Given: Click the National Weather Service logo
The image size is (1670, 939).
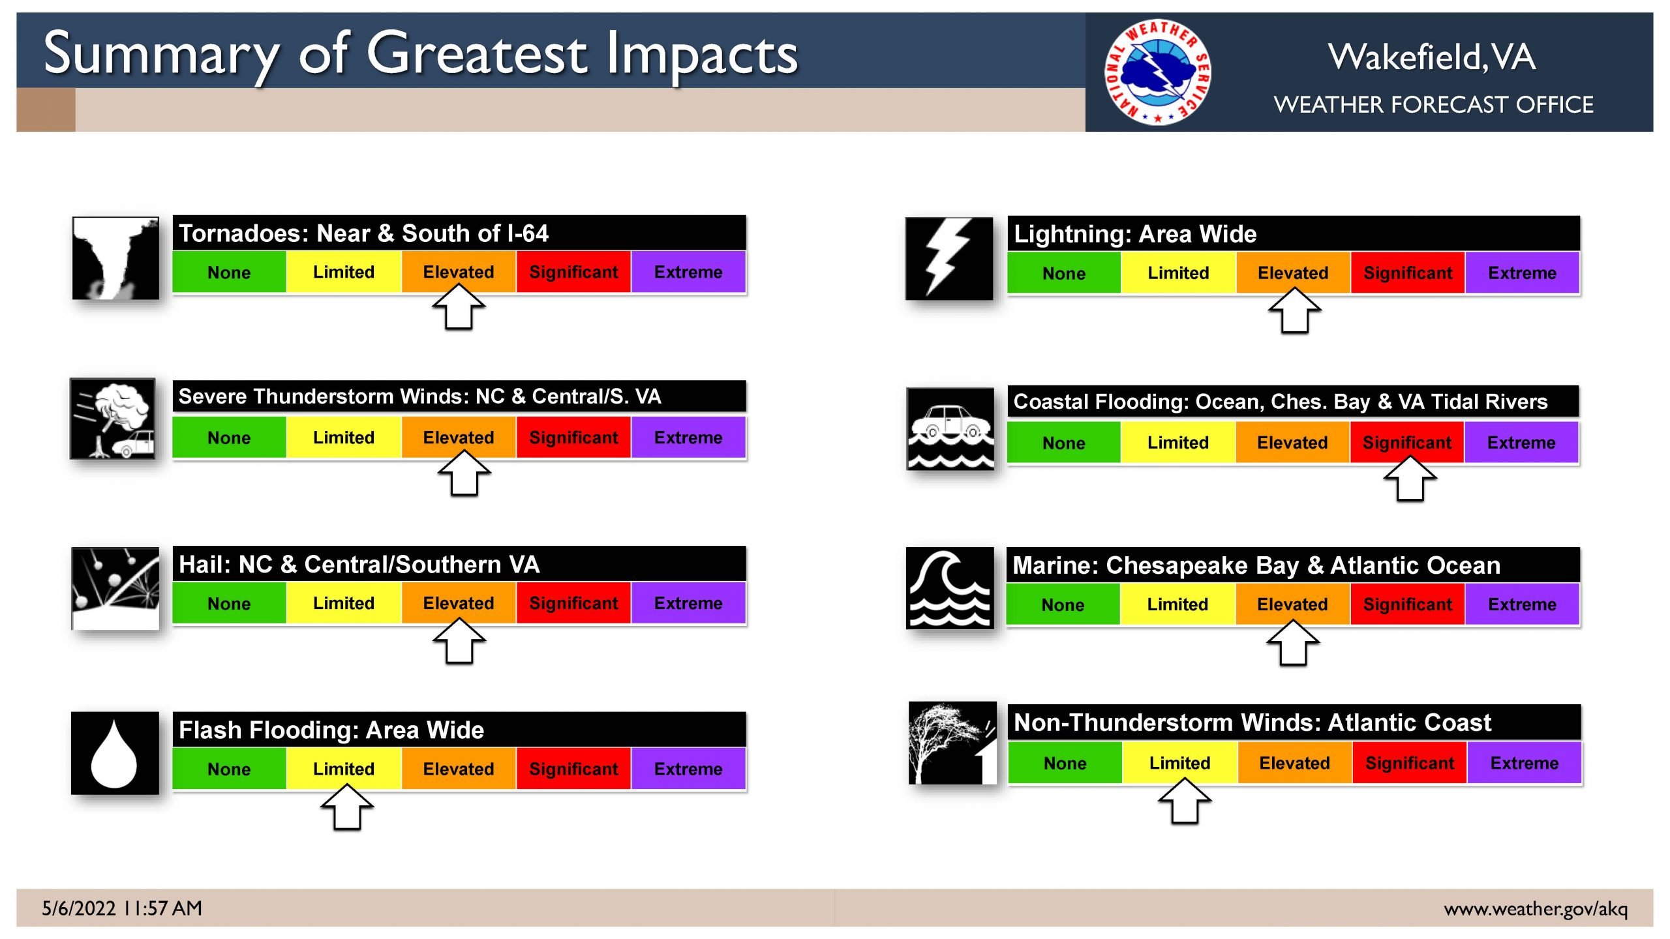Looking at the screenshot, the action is click(x=1158, y=72).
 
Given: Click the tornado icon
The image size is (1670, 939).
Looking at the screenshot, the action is click(x=115, y=258).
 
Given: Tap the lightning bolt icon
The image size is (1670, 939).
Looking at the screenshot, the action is click(x=949, y=259).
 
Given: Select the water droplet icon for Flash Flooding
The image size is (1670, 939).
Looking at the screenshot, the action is click(x=115, y=753).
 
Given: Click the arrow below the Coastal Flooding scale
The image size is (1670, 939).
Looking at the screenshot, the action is click(x=1410, y=479).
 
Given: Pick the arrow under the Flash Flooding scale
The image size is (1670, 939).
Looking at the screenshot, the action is click(x=347, y=807).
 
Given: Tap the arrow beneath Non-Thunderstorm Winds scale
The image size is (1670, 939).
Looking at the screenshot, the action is click(x=1185, y=801).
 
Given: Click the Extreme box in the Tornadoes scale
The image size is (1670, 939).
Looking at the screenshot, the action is click(x=688, y=272).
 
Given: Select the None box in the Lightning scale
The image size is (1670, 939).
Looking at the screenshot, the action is click(x=1064, y=273).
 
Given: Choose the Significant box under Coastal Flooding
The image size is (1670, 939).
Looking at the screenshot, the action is click(x=1407, y=443).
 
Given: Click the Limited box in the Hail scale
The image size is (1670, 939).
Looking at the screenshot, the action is click(x=344, y=603).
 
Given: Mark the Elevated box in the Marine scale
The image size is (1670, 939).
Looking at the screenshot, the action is click(x=1292, y=604).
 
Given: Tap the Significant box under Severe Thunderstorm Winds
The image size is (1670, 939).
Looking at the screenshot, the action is click(x=573, y=438).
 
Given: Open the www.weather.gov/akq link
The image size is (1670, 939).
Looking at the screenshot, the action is click(x=1536, y=909).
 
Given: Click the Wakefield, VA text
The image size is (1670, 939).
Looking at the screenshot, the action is click(x=1432, y=57).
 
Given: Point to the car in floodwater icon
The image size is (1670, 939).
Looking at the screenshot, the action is click(x=950, y=429).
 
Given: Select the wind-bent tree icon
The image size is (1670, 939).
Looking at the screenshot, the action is click(x=952, y=743).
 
